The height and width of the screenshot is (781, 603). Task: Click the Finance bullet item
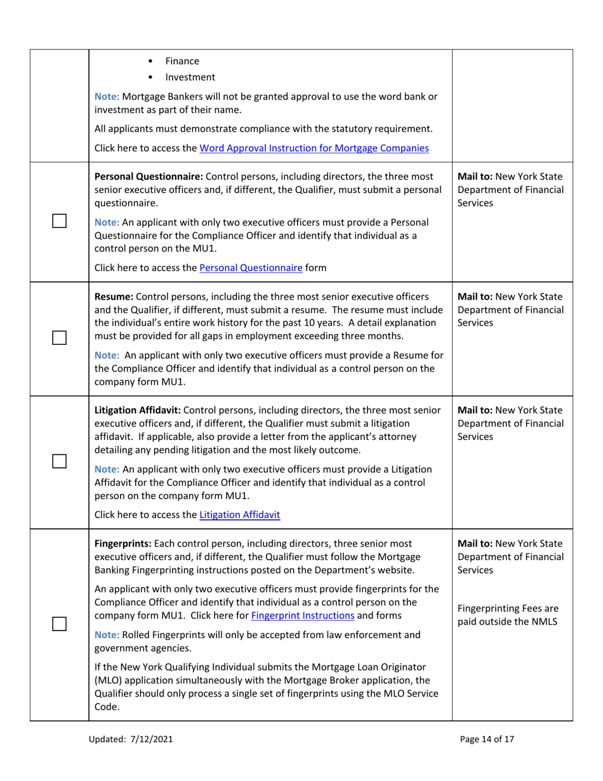pos(182,62)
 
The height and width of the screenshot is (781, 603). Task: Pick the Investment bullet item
pos(190,77)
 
